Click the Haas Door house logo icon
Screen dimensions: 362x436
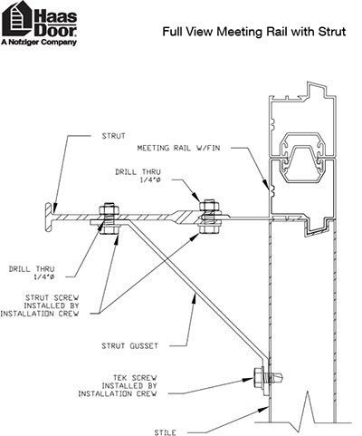(x=17, y=19)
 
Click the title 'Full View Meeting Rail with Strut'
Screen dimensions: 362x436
(x=254, y=32)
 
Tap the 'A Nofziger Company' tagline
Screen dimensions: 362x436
(x=39, y=42)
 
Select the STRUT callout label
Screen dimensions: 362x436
(x=113, y=136)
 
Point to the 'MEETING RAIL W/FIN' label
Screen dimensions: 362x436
(x=178, y=148)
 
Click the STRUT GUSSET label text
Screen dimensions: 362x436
(x=129, y=346)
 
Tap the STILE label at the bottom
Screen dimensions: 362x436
(x=165, y=432)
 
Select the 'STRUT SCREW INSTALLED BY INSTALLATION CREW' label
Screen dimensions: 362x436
(x=40, y=305)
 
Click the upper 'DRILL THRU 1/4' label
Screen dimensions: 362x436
(x=138, y=176)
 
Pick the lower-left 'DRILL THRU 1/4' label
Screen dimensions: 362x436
(x=32, y=273)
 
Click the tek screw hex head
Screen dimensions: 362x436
(x=259, y=377)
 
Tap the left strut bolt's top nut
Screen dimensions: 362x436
(x=109, y=208)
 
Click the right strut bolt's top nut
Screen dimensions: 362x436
(x=209, y=206)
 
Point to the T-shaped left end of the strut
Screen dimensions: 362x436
(x=49, y=217)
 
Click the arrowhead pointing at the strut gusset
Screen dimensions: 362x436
(x=195, y=299)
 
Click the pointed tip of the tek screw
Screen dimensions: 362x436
(x=283, y=377)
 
